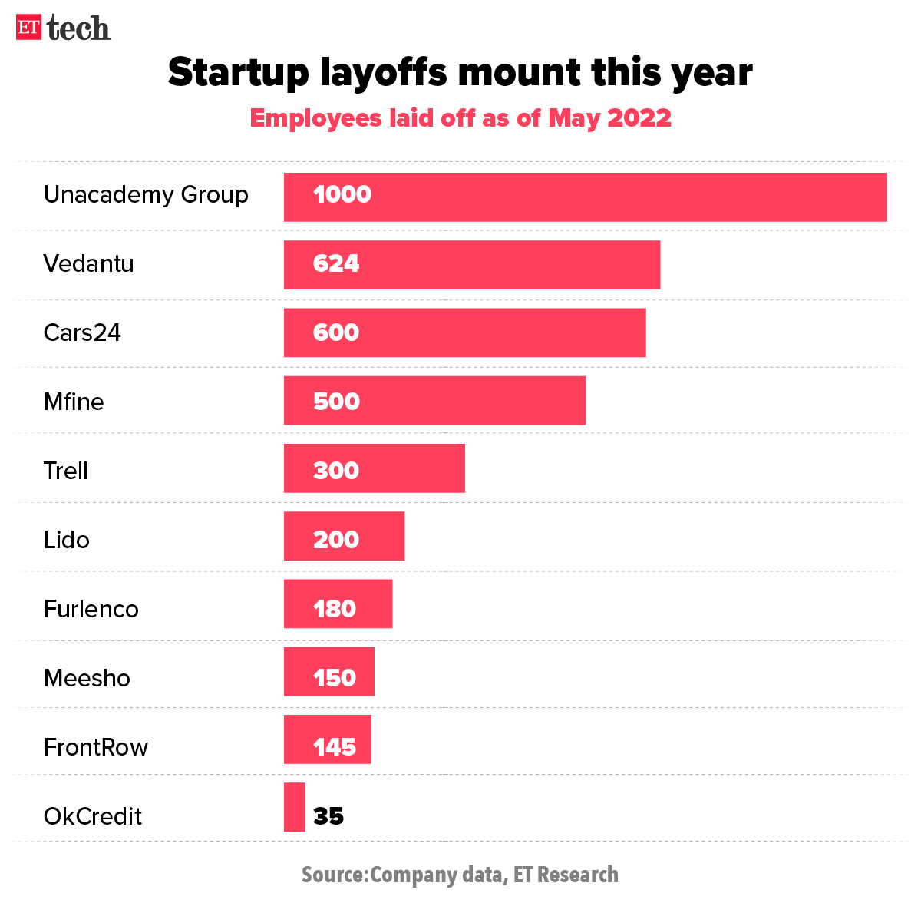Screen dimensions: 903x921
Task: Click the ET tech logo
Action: [x=63, y=28]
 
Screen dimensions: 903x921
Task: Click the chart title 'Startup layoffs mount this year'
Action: [x=460, y=72]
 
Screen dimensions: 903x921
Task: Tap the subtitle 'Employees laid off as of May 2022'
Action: [x=460, y=118]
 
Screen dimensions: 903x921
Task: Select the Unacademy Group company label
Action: [x=146, y=195]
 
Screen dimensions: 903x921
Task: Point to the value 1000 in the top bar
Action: [x=342, y=194]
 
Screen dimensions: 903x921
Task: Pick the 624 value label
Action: [x=336, y=263]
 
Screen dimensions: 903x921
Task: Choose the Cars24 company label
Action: [x=82, y=332]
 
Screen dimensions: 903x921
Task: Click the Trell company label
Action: [x=66, y=471]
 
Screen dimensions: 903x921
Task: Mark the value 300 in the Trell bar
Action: [x=336, y=470]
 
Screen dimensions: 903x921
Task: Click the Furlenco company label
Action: [x=91, y=609]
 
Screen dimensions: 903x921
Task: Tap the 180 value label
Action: [x=335, y=609]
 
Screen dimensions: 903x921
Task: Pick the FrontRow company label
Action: [x=96, y=747]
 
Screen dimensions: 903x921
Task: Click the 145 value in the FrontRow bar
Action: [x=335, y=747]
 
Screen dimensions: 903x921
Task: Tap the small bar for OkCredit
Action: [x=294, y=807]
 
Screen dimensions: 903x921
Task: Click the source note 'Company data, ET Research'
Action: [x=460, y=875]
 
